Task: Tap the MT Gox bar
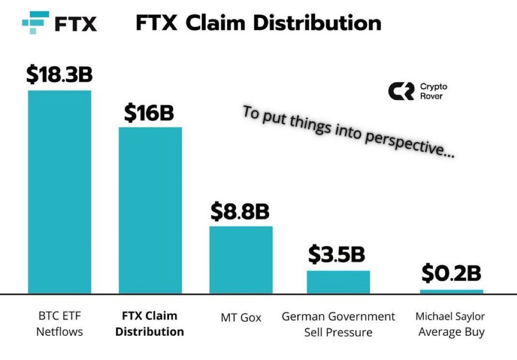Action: (241, 259)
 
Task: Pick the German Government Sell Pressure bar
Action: (338, 282)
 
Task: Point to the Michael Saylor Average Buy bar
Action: (451, 291)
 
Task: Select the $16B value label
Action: (149, 113)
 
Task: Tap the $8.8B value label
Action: (240, 211)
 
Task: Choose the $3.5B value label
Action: (337, 255)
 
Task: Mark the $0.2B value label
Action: (451, 274)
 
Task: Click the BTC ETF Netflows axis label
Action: (60, 324)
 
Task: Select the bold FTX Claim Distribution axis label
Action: (150, 324)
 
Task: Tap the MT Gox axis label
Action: (240, 317)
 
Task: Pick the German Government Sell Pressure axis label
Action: (338, 324)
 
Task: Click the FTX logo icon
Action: (36, 23)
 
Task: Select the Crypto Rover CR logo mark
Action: (401, 91)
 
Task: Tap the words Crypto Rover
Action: (433, 91)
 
